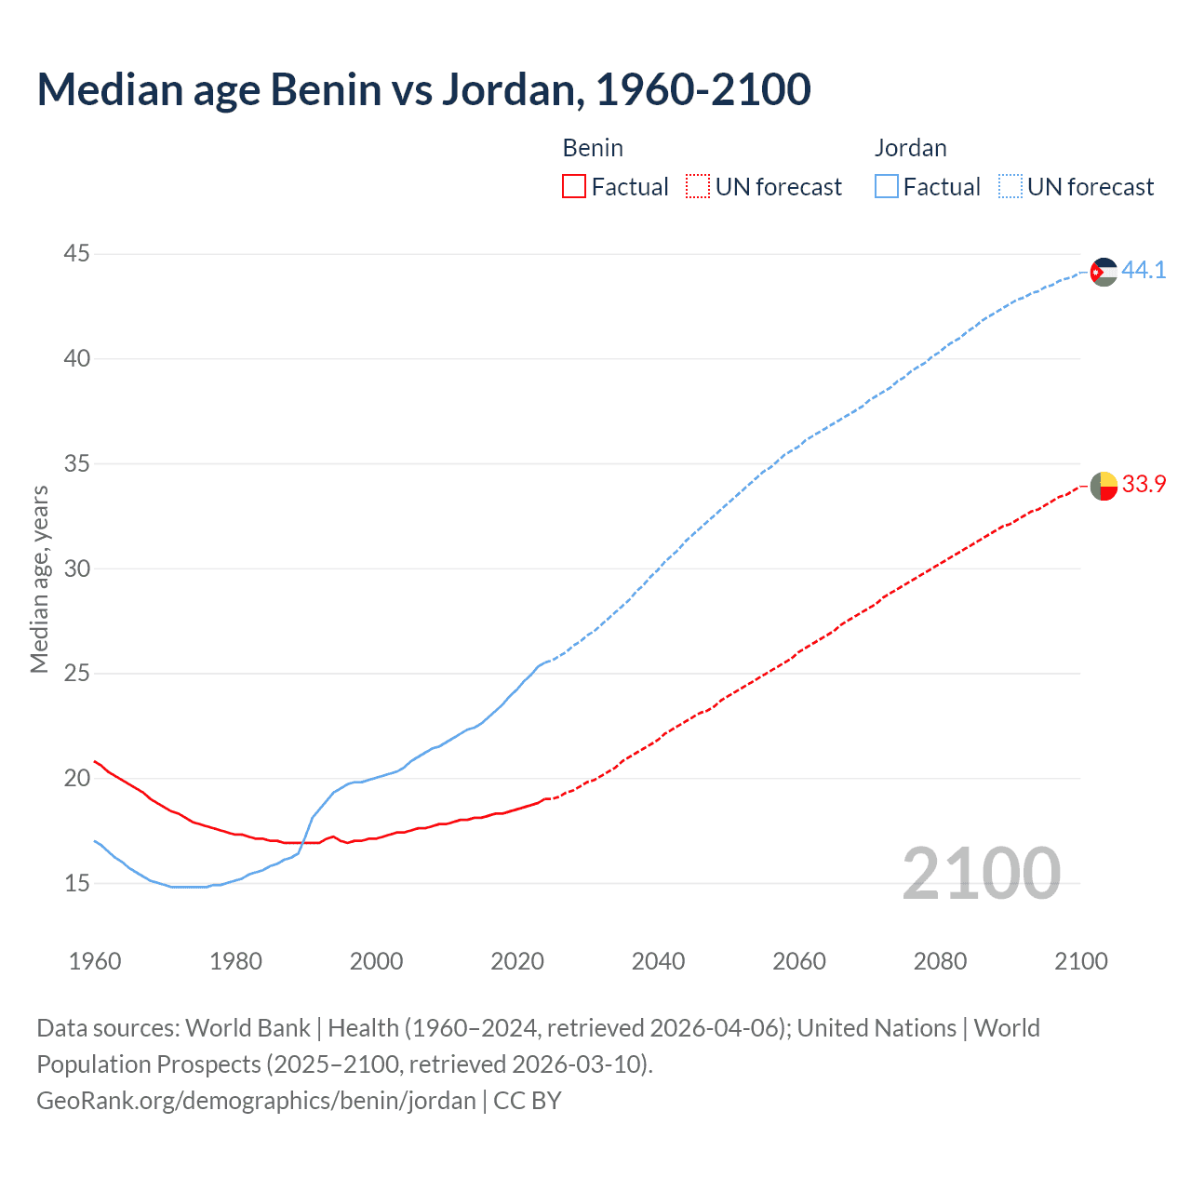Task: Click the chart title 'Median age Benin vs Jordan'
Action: pos(423,89)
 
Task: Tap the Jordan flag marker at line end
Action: pos(1104,272)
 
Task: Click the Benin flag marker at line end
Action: pos(1104,486)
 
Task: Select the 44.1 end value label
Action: pos(1144,271)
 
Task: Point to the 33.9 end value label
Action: pos(1144,485)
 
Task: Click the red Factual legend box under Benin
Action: pos(574,187)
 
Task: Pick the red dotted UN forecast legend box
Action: pos(698,187)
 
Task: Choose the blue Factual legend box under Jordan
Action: pos(886,187)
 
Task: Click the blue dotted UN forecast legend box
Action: pos(1010,187)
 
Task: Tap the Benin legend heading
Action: pos(593,148)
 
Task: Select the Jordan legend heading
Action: pos(910,148)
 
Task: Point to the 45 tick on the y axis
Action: pos(77,253)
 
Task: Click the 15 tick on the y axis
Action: pos(77,883)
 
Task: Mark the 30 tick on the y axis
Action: pos(77,569)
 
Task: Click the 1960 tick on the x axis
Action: pos(95,961)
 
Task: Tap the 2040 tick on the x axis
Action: pos(658,961)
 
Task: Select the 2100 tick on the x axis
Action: pos(1080,961)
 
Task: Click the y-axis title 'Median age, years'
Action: pos(39,579)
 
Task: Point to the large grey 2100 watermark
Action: pos(981,873)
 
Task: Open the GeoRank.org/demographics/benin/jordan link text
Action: pos(256,1101)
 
